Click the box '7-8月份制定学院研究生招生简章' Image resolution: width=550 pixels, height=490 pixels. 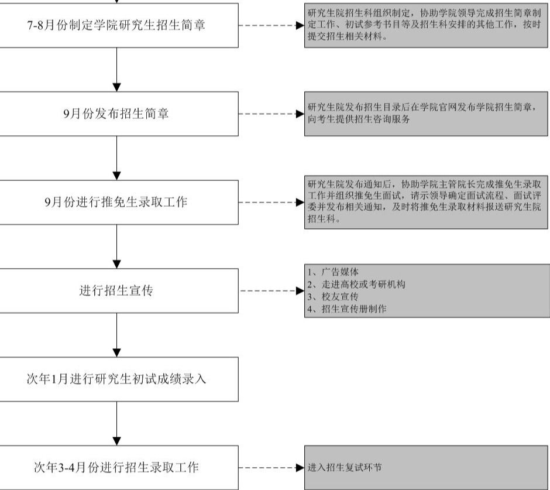point(119,25)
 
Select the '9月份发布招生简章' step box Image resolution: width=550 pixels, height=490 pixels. point(119,114)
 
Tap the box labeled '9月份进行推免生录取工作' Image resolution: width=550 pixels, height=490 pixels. point(119,202)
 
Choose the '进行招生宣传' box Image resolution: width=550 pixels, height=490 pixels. point(119,290)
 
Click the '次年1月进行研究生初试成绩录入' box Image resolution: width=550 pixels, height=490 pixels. point(119,379)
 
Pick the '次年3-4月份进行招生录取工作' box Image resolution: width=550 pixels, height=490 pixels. point(119,468)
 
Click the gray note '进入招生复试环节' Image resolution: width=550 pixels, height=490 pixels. point(426,468)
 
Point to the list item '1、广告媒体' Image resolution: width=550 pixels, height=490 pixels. point(333,272)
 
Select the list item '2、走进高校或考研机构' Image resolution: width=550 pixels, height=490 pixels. point(356,284)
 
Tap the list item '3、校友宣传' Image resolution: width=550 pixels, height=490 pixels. point(333,297)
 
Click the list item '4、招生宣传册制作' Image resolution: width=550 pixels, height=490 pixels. point(347,309)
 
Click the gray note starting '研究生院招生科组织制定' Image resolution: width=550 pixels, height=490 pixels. point(426,25)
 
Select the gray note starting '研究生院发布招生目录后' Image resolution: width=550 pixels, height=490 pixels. point(426,114)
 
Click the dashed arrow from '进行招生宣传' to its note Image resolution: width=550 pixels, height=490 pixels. point(271,290)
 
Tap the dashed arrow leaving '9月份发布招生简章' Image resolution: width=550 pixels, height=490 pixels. point(271,114)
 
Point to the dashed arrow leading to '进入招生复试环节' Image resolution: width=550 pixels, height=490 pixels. point(271,468)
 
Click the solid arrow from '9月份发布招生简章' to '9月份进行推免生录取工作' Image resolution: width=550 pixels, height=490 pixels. point(117,158)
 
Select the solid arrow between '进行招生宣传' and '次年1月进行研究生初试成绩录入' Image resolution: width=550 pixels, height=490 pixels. point(117,335)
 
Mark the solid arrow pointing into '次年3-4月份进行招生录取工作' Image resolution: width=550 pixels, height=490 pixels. point(117,423)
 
